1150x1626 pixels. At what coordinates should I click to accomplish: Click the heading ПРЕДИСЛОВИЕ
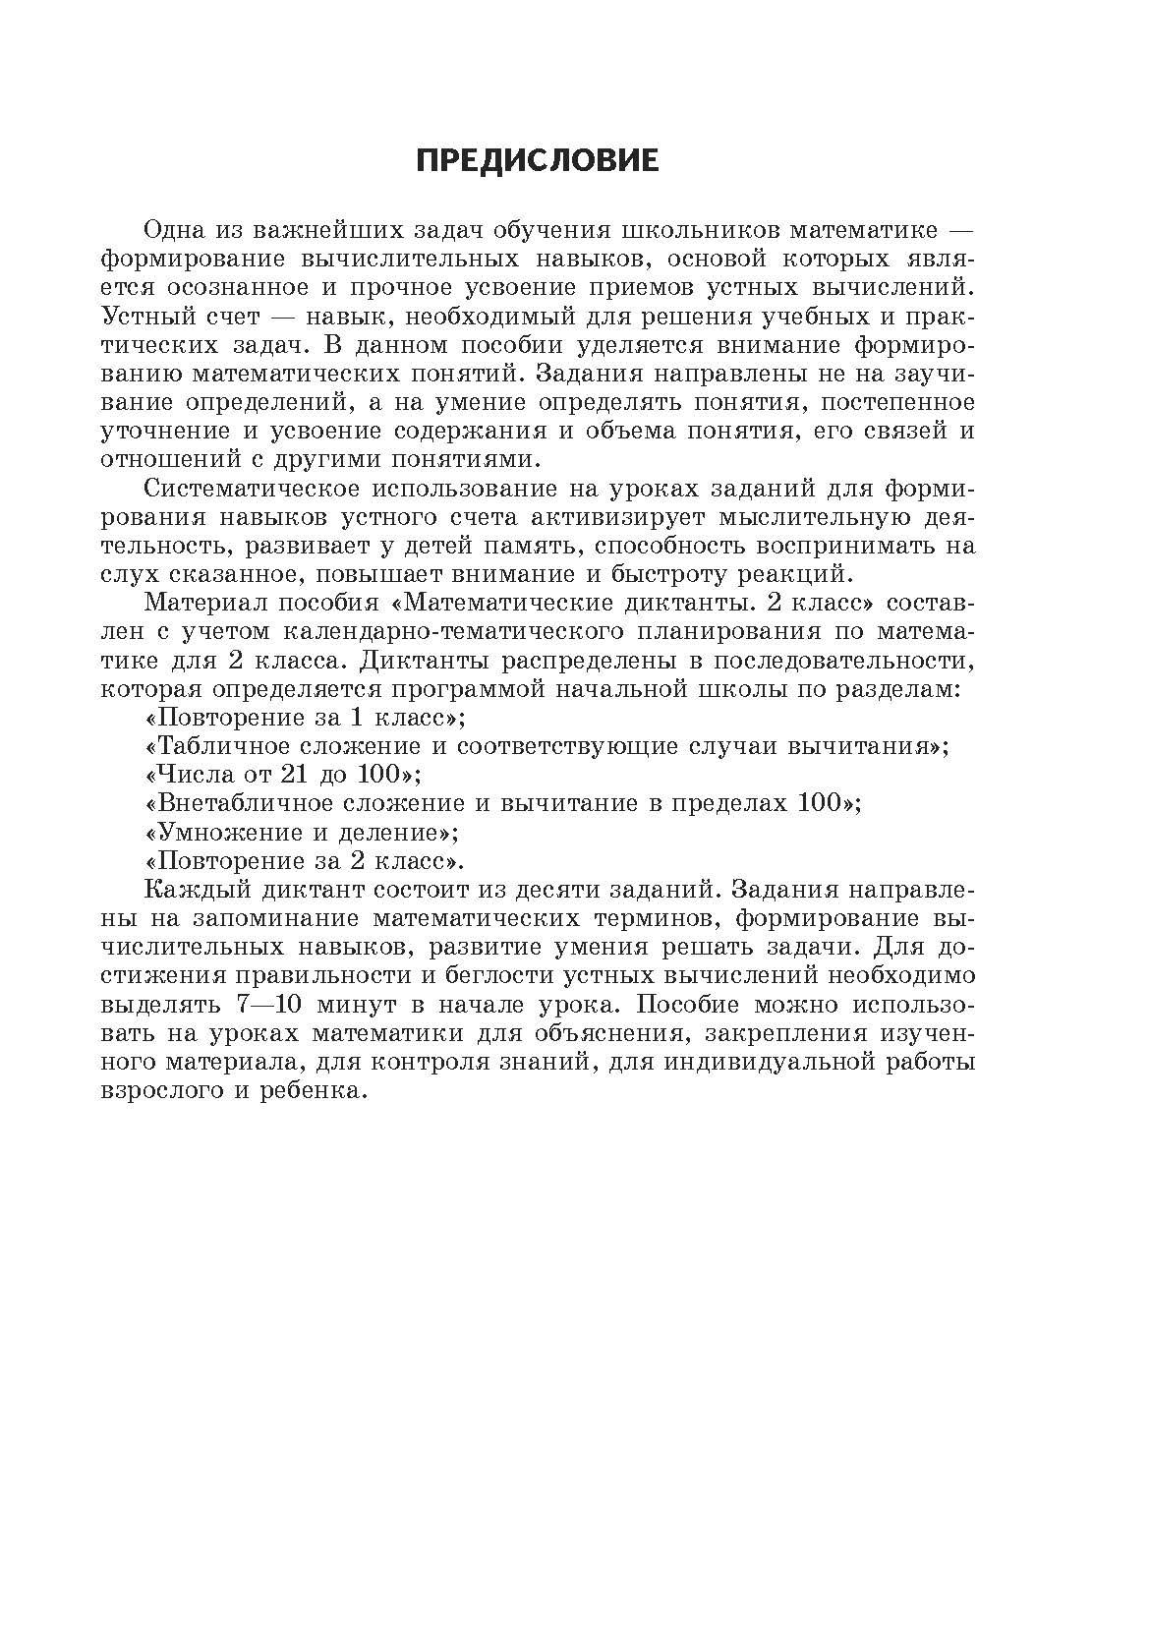pos(538,161)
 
